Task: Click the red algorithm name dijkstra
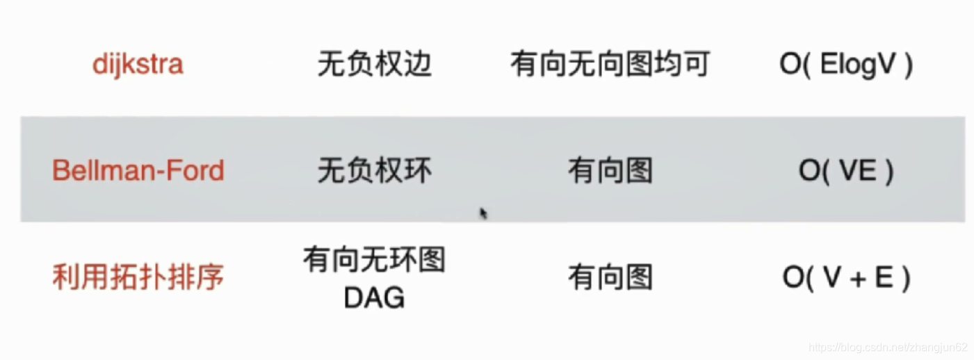click(138, 65)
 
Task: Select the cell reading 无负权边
click(374, 65)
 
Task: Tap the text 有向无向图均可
click(610, 65)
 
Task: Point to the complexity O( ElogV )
click(846, 65)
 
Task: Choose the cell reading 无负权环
click(374, 171)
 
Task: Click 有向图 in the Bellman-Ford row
click(610, 171)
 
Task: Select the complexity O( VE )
click(846, 171)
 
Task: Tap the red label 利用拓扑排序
click(138, 277)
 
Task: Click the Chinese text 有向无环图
click(374, 261)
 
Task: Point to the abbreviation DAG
click(374, 298)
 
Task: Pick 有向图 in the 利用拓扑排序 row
click(610, 278)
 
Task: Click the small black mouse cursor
click(483, 213)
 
